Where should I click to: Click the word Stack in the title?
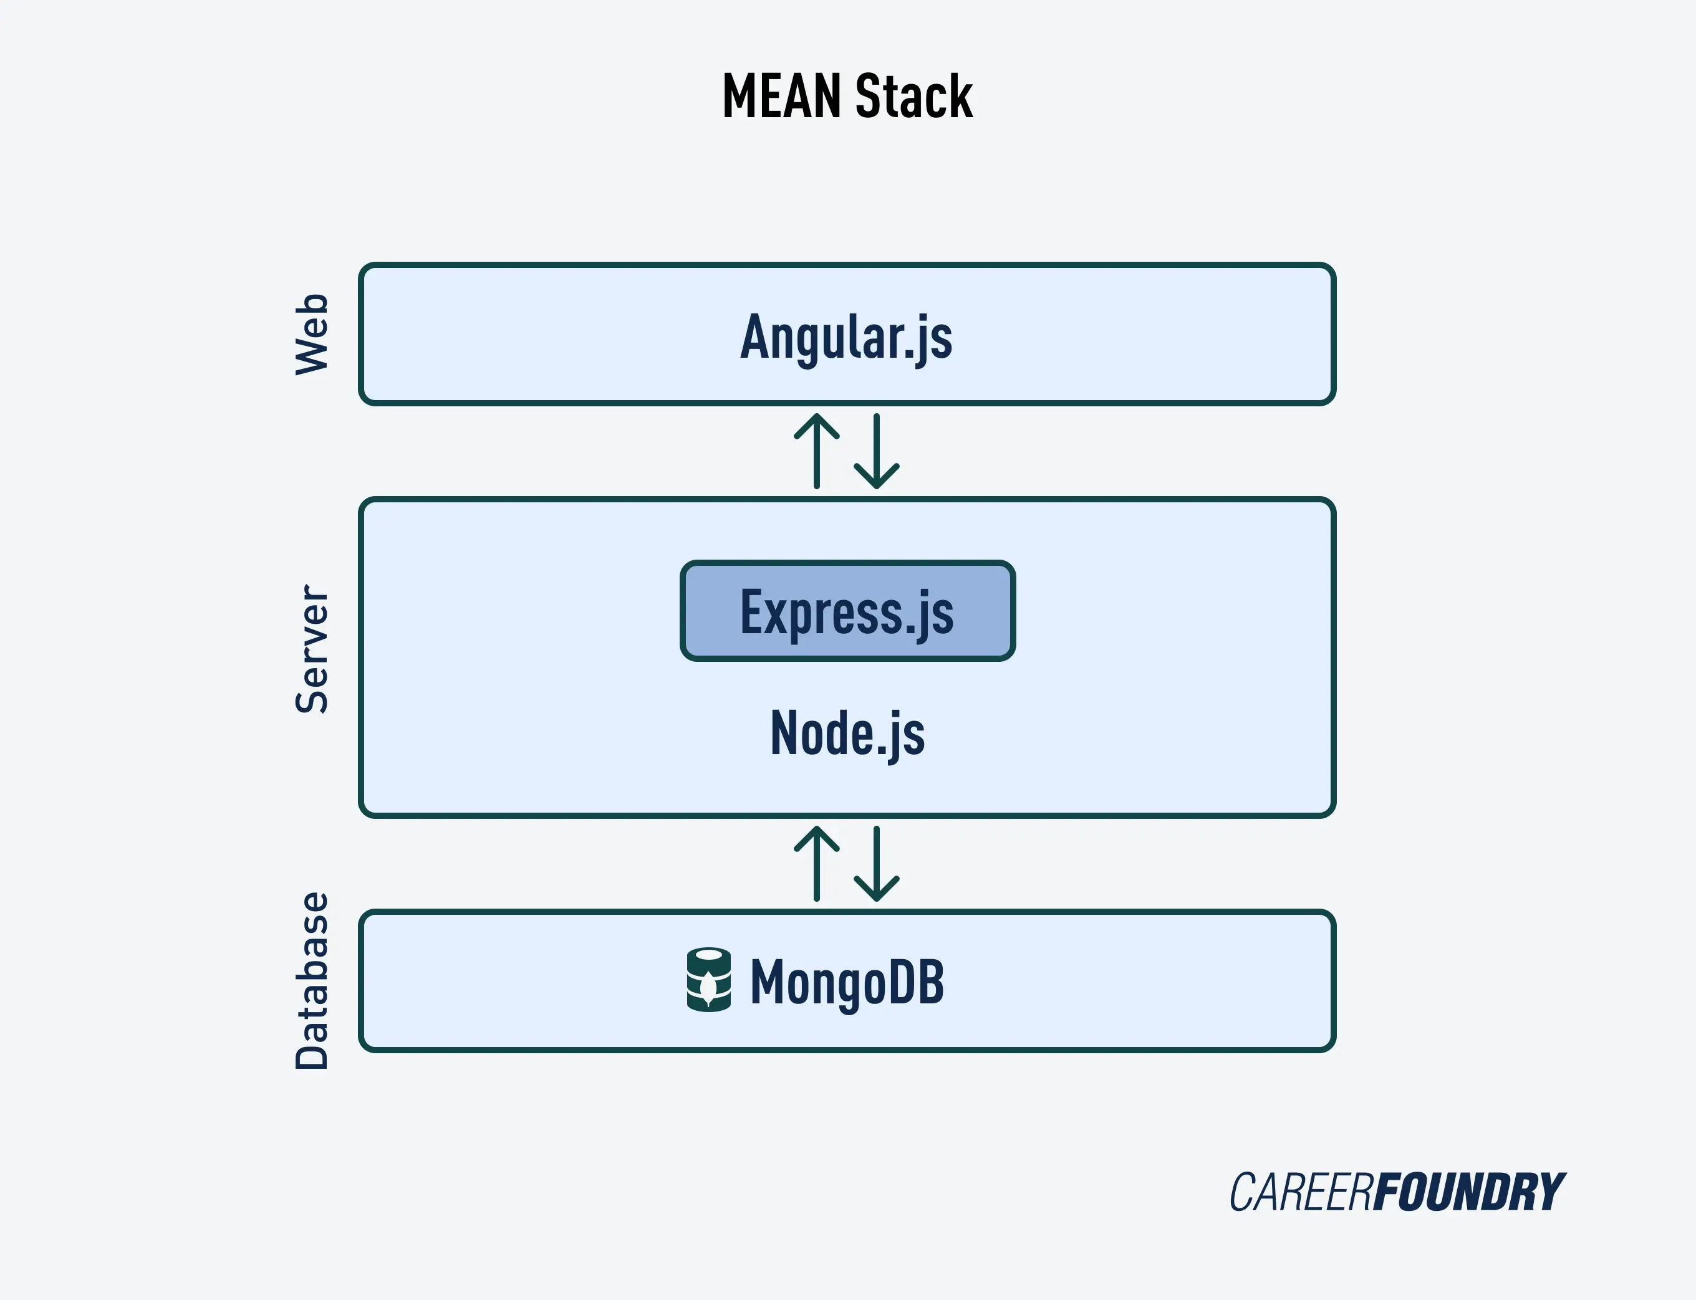pos(914,96)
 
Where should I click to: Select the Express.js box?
pos(847,611)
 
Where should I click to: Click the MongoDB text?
pos(847,981)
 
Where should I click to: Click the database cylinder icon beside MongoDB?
pos(708,980)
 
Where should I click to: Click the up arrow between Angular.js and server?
pos(817,451)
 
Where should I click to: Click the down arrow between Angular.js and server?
pos(876,451)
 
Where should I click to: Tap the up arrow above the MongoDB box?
pos(817,864)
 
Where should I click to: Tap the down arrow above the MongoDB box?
pos(876,864)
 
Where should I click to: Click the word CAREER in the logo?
pos(1301,1192)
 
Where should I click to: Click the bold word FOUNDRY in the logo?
pos(1469,1192)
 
